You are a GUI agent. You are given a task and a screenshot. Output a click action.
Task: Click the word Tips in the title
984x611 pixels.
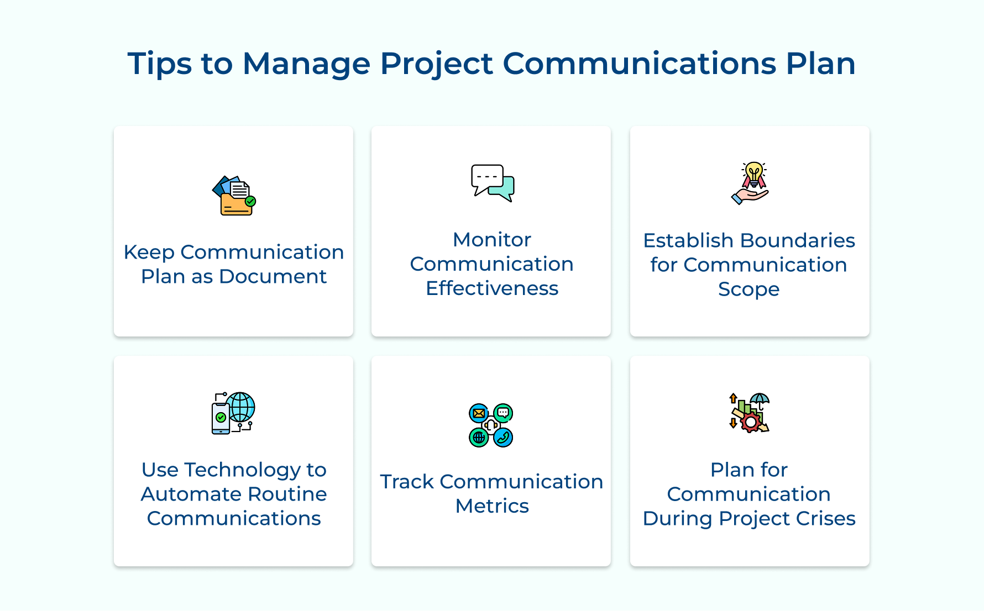coord(159,64)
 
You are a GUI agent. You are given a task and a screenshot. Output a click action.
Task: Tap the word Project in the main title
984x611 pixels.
coord(436,64)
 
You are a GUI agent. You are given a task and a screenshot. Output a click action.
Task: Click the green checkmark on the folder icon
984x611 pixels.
coord(250,202)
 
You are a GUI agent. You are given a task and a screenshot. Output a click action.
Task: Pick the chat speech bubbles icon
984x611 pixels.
coord(492,183)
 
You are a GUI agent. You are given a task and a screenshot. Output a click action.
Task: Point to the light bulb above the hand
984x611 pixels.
coord(753,172)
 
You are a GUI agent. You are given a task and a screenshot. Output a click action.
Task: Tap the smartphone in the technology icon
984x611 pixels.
coord(221,418)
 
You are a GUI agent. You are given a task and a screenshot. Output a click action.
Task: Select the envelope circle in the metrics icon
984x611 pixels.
coord(479,413)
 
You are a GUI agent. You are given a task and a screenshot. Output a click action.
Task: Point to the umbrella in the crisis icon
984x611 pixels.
coord(760,399)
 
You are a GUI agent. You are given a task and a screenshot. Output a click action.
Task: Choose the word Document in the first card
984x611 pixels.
coord(273,276)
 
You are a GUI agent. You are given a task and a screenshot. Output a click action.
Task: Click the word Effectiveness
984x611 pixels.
coord(491,288)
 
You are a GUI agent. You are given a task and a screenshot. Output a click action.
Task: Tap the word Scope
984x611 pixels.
coord(749,289)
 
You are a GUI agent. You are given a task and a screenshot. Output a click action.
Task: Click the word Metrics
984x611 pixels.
coord(491,506)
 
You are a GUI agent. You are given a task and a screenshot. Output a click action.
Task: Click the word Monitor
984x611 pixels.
coord(491,240)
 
